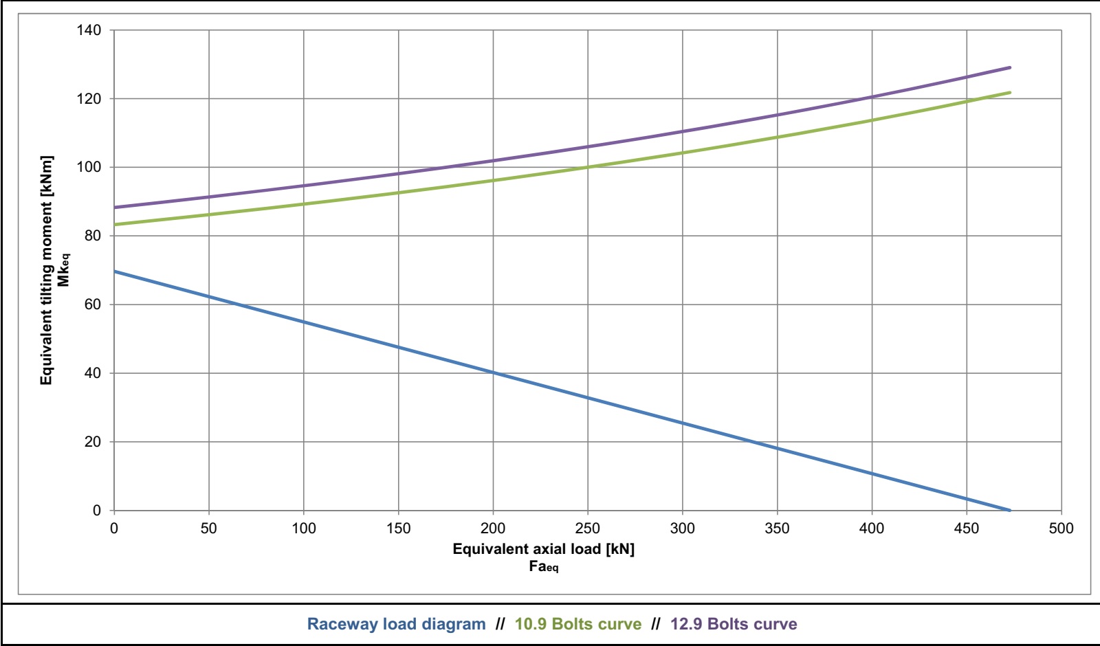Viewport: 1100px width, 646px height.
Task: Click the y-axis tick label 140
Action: pos(89,30)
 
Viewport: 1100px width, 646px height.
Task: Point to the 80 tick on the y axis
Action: pos(92,236)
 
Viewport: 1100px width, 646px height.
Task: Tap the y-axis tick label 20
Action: pos(92,442)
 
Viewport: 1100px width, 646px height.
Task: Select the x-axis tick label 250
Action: pos(587,528)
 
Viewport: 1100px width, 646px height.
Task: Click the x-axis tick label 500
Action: pos(1061,528)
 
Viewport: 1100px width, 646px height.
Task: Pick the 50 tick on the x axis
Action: pos(208,528)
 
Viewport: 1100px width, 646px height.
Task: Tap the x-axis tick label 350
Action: pos(777,528)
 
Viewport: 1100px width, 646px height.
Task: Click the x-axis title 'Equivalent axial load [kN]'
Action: pos(543,549)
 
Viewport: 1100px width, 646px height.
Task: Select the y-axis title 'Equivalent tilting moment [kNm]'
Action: pos(46,270)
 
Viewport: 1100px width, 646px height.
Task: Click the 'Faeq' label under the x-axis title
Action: pos(543,567)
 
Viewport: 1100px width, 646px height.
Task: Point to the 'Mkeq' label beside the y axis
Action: pos(64,270)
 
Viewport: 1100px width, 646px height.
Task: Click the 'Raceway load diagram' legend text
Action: pos(396,624)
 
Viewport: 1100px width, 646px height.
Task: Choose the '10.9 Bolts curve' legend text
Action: pos(577,624)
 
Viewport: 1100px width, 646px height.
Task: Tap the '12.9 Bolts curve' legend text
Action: pos(734,624)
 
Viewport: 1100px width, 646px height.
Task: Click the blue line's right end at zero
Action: pos(1009,510)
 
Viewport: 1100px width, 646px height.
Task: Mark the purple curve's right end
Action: pos(1009,67)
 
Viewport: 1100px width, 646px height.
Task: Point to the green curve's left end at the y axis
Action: pos(115,225)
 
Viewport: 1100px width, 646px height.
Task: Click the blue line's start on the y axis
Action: pos(115,271)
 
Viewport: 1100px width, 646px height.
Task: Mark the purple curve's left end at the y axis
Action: pos(115,207)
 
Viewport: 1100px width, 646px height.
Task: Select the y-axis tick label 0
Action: pos(97,511)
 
